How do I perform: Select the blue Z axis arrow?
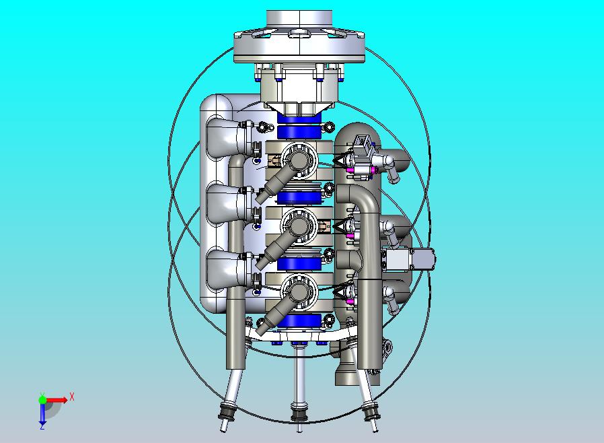[42, 415]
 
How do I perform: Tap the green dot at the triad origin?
[42, 399]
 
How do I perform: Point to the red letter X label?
[72, 397]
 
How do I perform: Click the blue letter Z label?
[42, 426]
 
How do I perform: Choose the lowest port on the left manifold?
[222, 269]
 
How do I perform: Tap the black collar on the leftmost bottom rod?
[228, 410]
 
